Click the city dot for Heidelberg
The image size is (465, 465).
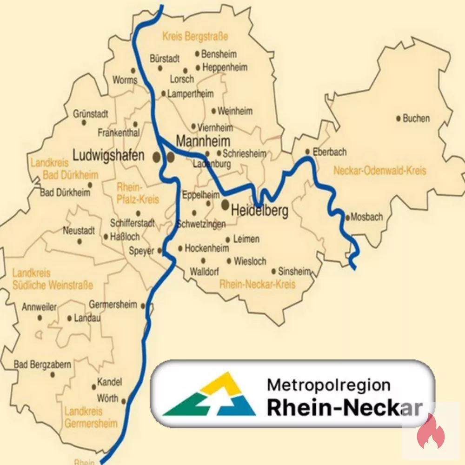[226, 204]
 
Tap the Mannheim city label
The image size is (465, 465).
[203, 140]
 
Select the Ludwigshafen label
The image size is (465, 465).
[109, 156]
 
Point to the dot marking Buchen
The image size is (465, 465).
[399, 119]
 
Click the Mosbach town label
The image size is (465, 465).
[367, 217]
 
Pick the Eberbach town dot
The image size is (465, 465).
[307, 152]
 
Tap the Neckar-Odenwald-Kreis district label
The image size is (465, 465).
[379, 171]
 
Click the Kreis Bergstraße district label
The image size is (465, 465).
[195, 36]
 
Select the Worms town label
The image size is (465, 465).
[125, 80]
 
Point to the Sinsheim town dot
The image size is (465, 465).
[274, 272]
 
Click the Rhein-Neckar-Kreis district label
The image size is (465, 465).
[257, 284]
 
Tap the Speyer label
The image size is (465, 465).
[141, 251]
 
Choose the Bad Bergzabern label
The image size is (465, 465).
[42, 365]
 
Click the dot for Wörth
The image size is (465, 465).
[123, 400]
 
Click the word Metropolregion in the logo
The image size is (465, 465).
[328, 385]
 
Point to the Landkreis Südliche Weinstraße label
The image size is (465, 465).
[52, 279]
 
